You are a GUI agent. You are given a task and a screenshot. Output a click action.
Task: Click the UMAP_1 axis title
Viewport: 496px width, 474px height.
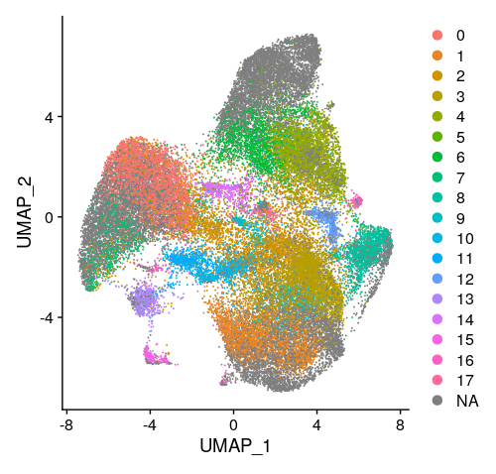[234, 446]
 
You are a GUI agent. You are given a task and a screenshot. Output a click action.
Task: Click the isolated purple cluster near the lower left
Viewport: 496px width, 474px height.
[146, 298]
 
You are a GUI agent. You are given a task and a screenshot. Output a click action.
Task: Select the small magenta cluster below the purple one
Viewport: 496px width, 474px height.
[156, 355]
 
